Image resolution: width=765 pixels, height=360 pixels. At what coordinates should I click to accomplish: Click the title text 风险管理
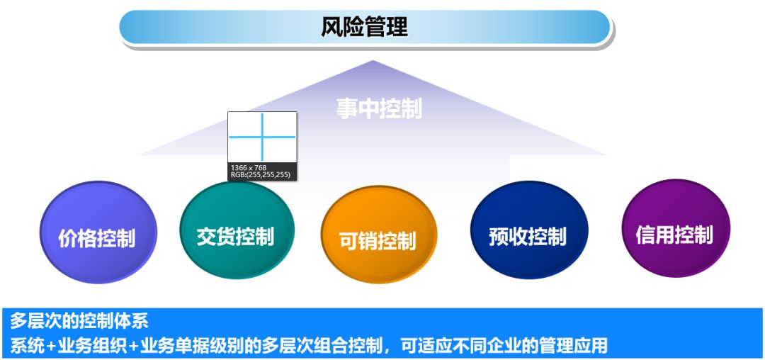pyautogui.click(x=364, y=28)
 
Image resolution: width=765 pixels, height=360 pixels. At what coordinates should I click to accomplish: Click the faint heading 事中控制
pyautogui.click(x=378, y=108)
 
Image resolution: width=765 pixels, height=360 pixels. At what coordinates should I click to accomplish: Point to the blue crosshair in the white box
pyautogui.click(x=262, y=137)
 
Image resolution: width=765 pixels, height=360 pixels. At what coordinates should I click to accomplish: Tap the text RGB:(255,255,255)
pyautogui.click(x=260, y=174)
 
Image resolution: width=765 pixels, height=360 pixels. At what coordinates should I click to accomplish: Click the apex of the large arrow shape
pyautogui.click(x=373, y=62)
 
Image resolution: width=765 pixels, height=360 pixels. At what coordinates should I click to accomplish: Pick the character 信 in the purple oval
pyautogui.click(x=645, y=235)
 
